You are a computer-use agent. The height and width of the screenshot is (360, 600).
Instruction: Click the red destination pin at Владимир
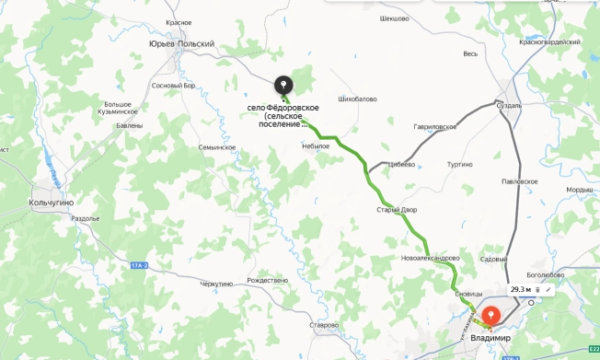[x=491, y=315]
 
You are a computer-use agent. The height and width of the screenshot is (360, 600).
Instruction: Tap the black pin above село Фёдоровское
[x=282, y=86]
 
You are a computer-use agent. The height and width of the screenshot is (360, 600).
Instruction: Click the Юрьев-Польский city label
[x=181, y=43]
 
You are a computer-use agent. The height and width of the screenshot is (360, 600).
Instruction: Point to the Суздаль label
[x=509, y=107]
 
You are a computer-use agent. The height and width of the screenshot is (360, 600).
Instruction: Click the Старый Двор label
[x=397, y=209]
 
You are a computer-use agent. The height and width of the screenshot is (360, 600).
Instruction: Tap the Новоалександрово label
[x=430, y=258]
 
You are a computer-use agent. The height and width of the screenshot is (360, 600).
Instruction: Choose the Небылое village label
[x=315, y=145]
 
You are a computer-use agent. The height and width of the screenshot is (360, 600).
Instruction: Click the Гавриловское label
[x=435, y=126]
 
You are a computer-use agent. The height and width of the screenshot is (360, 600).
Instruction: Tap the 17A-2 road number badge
[x=139, y=265]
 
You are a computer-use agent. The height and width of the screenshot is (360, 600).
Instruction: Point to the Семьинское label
[x=217, y=147]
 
